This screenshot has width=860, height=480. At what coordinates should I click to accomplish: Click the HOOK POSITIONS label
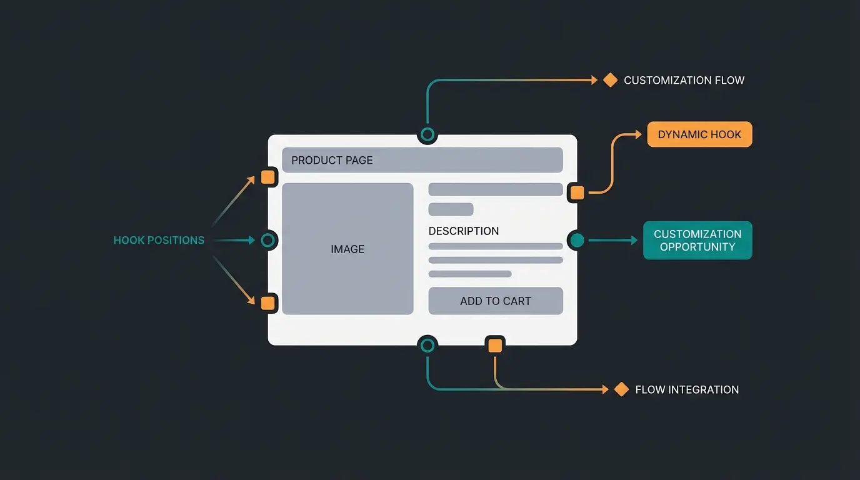159,240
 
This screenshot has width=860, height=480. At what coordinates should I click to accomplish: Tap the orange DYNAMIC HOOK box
699,134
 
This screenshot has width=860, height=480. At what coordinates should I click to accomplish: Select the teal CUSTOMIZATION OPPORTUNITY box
697,241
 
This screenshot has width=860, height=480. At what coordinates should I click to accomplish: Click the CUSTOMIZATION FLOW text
684,80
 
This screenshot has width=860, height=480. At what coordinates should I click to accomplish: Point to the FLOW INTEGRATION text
687,389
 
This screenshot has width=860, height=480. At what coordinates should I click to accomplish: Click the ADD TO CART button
496,301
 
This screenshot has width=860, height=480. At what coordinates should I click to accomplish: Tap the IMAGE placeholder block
347,249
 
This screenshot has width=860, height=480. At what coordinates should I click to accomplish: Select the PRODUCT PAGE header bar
422,160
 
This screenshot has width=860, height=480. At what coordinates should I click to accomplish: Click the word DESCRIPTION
464,231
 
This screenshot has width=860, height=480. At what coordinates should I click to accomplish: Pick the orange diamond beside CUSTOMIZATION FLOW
610,80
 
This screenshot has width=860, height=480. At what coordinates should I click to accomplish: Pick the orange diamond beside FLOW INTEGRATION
621,389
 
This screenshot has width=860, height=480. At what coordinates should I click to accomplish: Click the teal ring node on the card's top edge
427,134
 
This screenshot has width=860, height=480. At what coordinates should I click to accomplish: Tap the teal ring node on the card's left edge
268,240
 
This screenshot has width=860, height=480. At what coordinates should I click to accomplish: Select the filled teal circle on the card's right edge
577,240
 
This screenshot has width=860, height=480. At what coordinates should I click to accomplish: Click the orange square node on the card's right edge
577,192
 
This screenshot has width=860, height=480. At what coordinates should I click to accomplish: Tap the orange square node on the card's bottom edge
495,345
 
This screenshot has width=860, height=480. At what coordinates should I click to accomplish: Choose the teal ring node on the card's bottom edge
427,345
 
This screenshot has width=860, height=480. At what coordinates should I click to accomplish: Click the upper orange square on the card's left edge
268,177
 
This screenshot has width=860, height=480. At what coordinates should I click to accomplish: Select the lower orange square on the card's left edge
268,303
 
